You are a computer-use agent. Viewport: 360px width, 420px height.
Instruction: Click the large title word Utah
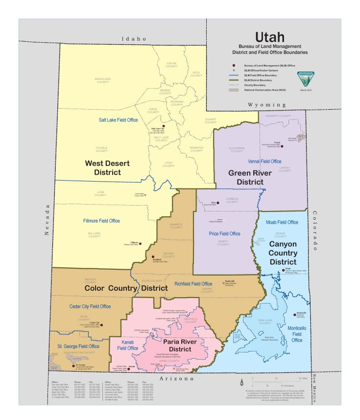(269, 37)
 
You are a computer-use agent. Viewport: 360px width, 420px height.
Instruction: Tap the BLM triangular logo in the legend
(305, 79)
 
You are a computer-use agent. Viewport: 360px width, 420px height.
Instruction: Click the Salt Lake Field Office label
(118, 120)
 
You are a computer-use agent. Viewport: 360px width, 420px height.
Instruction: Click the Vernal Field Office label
(264, 161)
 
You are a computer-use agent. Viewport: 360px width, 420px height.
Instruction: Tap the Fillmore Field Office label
(101, 221)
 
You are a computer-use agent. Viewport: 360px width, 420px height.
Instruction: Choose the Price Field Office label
(224, 233)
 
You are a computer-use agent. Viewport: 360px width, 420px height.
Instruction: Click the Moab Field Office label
(282, 222)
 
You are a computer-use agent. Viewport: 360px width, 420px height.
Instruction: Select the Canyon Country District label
(283, 253)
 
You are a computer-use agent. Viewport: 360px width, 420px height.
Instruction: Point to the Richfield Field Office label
(193, 283)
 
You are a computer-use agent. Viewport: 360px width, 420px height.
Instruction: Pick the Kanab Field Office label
(127, 345)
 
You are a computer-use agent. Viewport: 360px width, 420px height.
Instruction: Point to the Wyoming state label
(266, 105)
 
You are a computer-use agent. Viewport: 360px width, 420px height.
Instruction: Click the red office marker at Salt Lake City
(164, 126)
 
